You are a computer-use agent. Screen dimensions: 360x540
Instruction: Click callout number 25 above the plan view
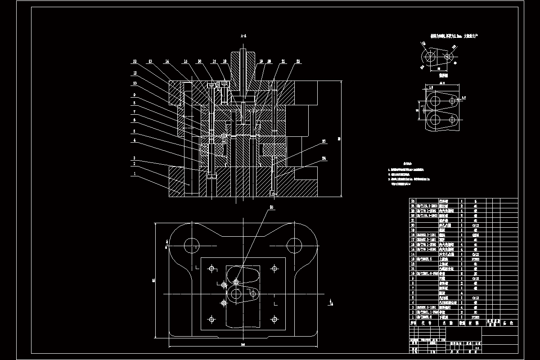pyautogui.click(x=271, y=207)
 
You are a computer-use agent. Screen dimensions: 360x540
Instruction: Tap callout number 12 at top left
pyautogui.click(x=134, y=61)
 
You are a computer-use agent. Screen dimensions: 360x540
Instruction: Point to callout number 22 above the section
pyautogui.click(x=298, y=61)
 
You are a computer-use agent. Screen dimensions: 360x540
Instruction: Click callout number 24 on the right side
pyautogui.click(x=324, y=158)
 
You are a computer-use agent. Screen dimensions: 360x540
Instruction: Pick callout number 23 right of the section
pyautogui.click(x=324, y=141)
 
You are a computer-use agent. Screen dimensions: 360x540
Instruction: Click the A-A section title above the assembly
pyautogui.click(x=243, y=35)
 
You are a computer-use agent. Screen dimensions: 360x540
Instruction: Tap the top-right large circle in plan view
pyautogui.click(x=294, y=246)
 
